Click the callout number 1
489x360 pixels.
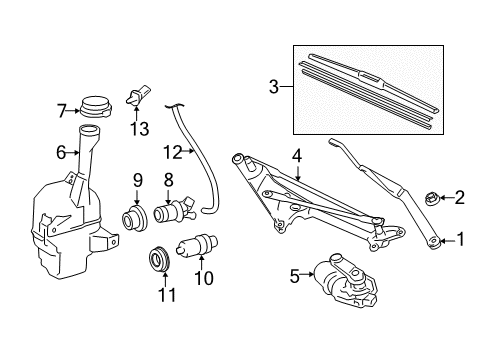pyautogui.click(x=462, y=238)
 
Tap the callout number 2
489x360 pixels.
pyautogui.click(x=460, y=197)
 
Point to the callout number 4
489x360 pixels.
pyautogui.click(x=296, y=154)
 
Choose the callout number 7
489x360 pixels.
pyautogui.click(x=61, y=109)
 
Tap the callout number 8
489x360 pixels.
pyautogui.click(x=169, y=181)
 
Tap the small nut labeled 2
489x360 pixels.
pyautogui.click(x=433, y=197)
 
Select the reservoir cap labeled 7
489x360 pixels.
pyautogui.click(x=96, y=105)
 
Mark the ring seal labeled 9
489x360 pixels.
pyautogui.click(x=131, y=219)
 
